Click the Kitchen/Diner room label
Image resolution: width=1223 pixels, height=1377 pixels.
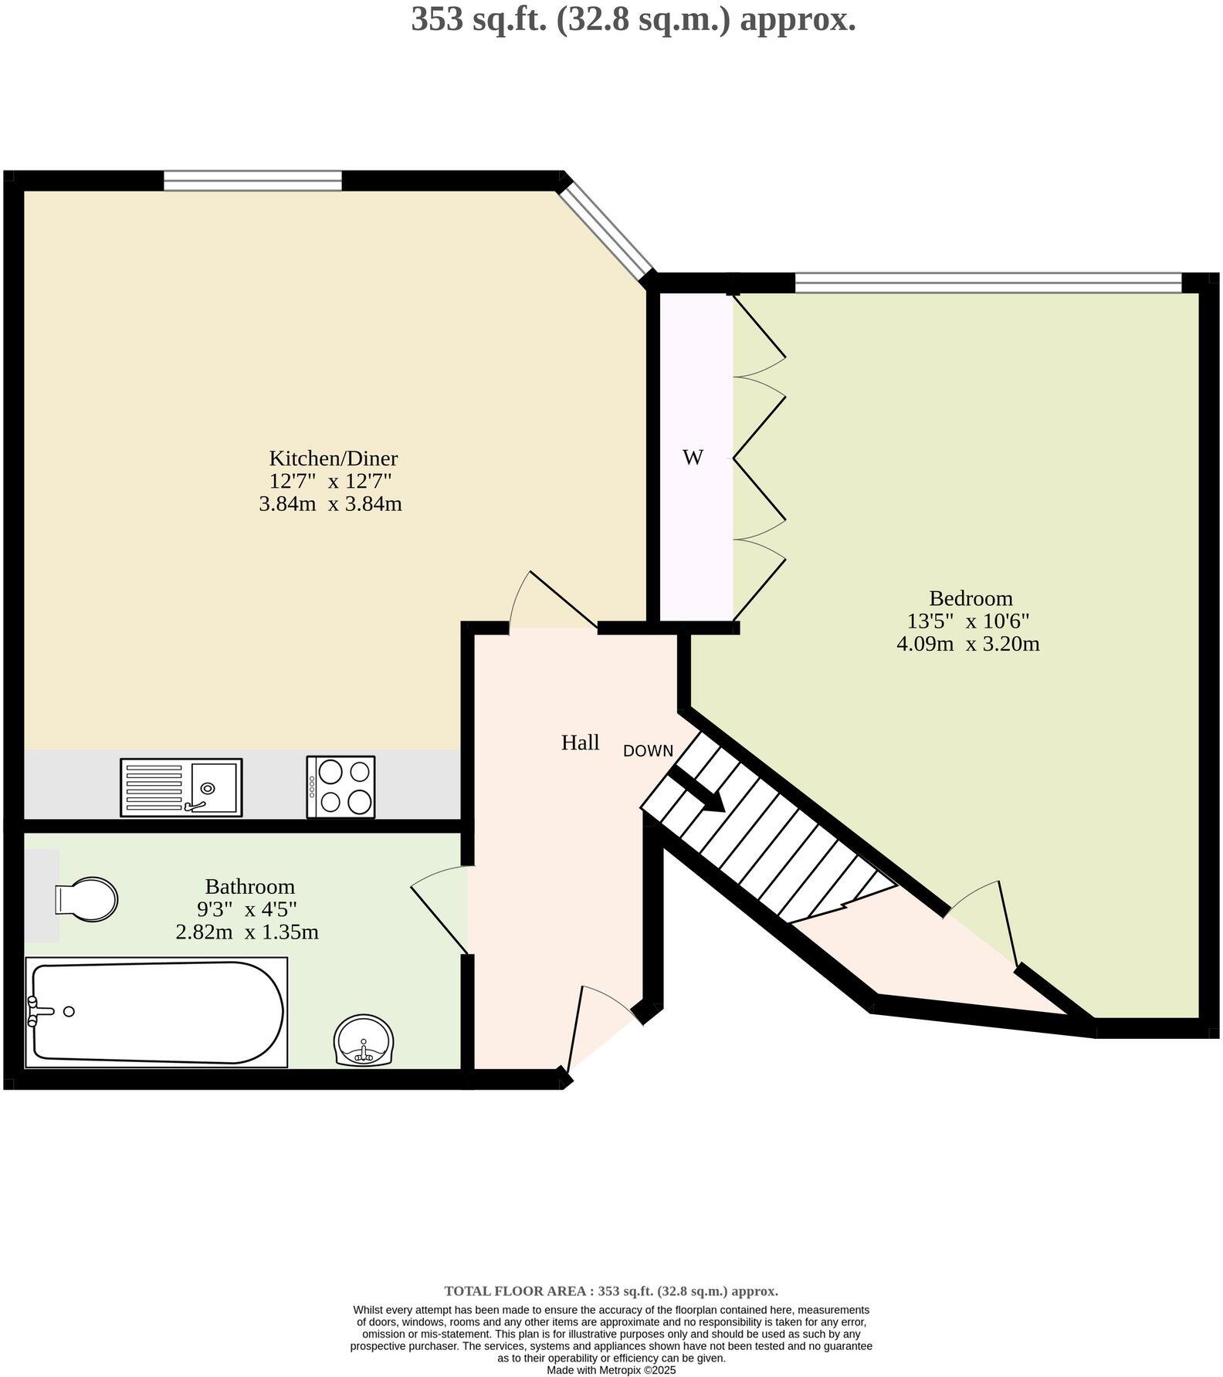pos(333,458)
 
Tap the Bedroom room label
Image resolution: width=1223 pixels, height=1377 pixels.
pos(971,598)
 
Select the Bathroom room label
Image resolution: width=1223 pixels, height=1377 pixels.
pos(249,886)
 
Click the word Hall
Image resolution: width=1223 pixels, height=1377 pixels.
pos(580,743)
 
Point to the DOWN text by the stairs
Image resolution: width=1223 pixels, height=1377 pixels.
pos(648,751)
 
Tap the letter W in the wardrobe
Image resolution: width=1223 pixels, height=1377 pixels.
pos(693,458)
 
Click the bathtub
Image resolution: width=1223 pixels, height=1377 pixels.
pos(157,1012)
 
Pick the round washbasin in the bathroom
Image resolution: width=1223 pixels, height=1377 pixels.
pos(364,1041)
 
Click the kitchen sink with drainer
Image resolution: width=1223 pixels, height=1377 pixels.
pos(181,787)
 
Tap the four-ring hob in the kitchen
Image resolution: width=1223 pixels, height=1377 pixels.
pos(341,787)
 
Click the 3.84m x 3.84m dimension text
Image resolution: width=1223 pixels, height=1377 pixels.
pos(330,505)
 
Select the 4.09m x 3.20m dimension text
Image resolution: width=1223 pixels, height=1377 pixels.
pos(967,644)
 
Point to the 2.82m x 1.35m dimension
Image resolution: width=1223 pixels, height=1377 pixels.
pos(247,932)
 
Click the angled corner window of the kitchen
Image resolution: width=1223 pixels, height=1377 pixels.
pos(607,229)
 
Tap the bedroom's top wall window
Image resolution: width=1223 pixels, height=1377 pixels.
pos(988,283)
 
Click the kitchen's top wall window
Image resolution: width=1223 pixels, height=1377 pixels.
pos(252,181)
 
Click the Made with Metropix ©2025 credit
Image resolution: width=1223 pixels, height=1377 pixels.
pos(611,1370)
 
